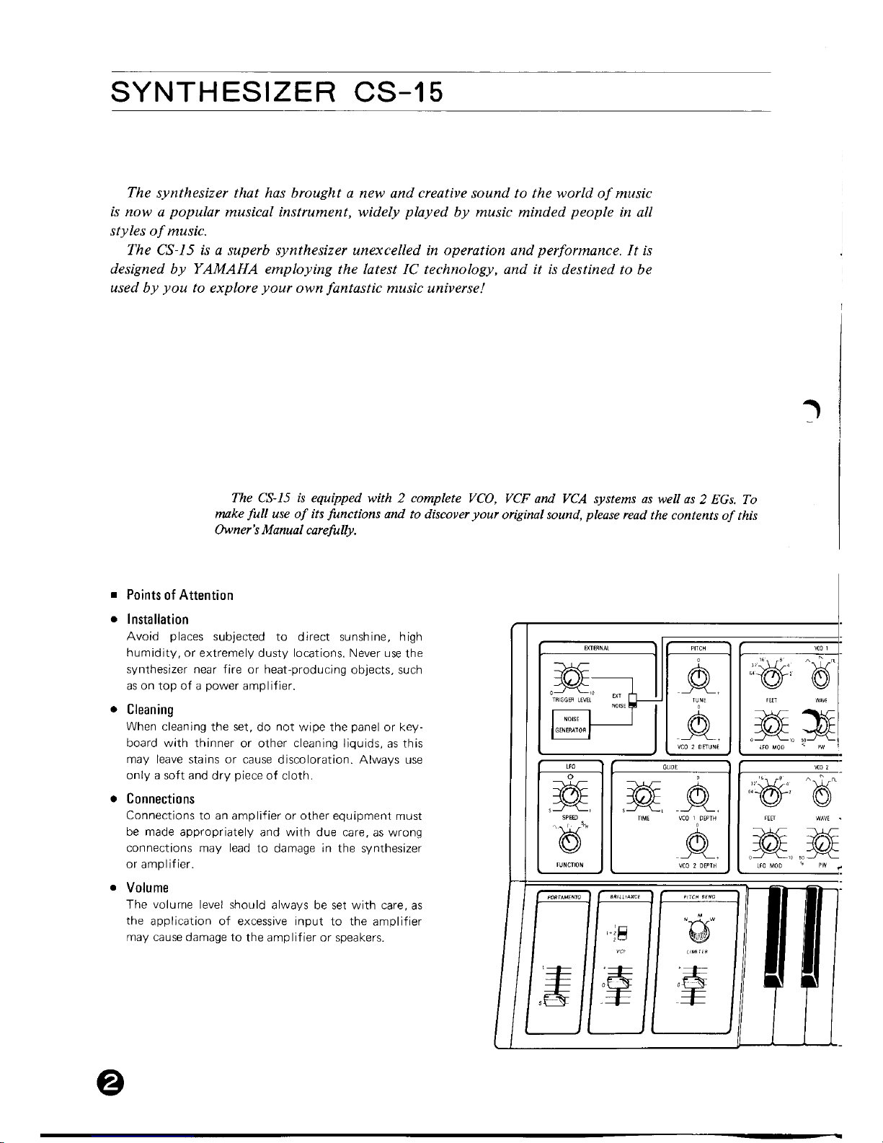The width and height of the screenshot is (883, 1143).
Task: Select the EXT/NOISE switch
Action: tap(631, 700)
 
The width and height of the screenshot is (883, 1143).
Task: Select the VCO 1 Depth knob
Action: tap(697, 795)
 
